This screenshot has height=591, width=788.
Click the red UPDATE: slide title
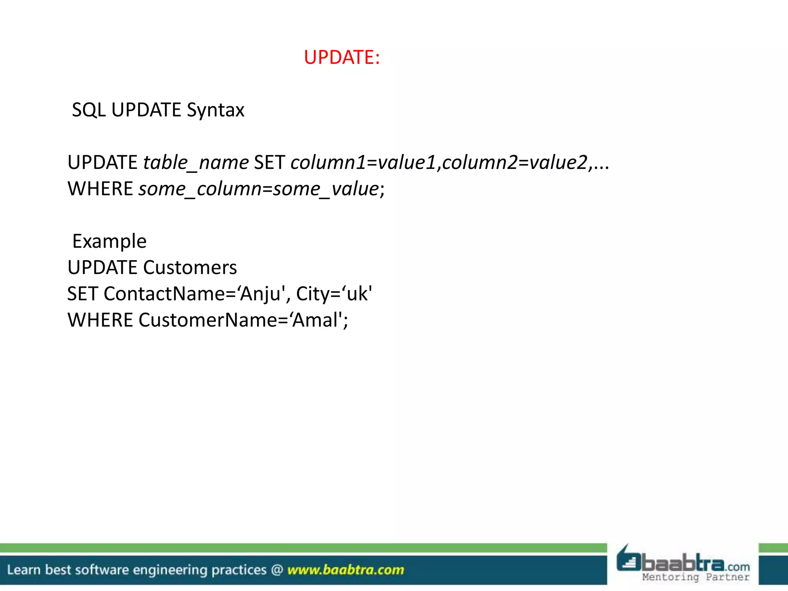[x=342, y=57]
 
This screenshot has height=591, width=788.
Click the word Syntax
[x=215, y=110]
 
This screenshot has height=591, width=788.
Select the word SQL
[x=88, y=110]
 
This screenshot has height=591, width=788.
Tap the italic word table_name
[x=196, y=162]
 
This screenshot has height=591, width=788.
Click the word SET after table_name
[x=269, y=162]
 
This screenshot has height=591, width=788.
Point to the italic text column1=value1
[x=363, y=162]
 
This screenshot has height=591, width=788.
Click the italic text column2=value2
[x=515, y=162]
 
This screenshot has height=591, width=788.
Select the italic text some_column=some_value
[x=259, y=189]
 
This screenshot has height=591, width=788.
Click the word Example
[x=109, y=241]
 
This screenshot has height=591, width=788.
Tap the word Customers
[x=190, y=267]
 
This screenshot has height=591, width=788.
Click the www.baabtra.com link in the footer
[x=346, y=570]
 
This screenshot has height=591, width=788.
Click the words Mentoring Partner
[x=696, y=577]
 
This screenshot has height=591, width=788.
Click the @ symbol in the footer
[x=277, y=570]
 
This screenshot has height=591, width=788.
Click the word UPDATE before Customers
[x=102, y=267]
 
